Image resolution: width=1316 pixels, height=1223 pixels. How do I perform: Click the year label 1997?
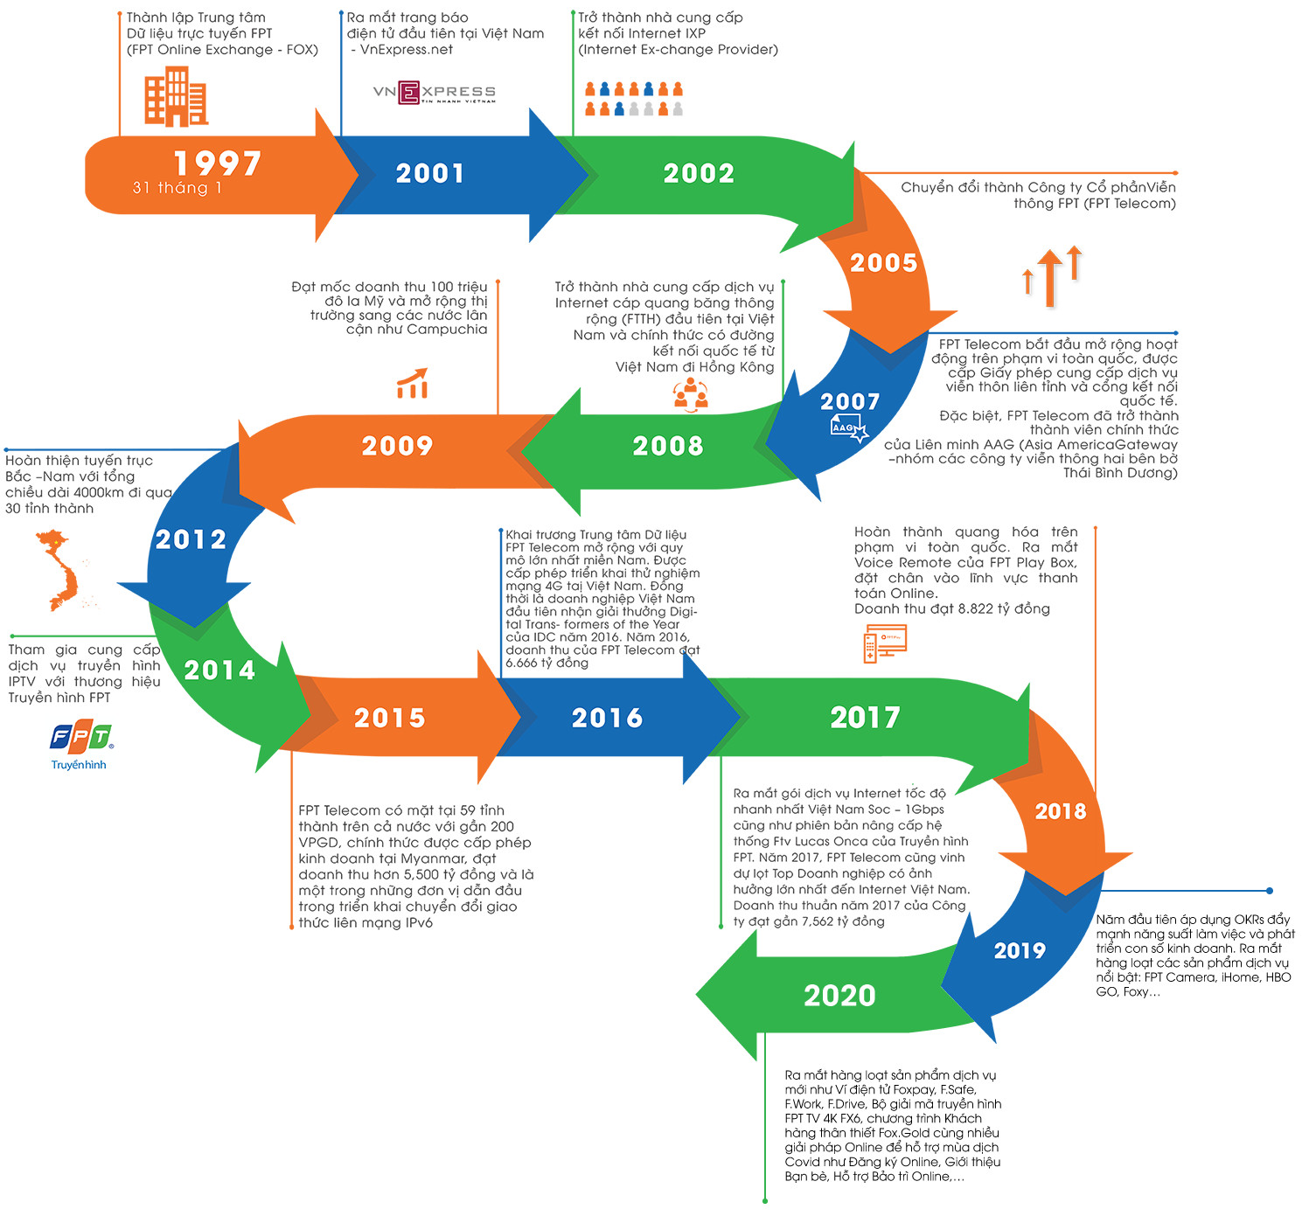(x=218, y=163)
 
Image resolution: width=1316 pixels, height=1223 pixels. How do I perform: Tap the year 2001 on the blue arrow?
(x=429, y=173)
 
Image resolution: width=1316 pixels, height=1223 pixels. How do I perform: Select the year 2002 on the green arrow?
(x=699, y=173)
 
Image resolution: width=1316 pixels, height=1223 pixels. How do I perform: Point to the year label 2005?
(x=884, y=262)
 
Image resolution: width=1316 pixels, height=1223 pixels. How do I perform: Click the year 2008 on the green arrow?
(x=668, y=446)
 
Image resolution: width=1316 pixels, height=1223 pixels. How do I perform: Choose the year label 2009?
(x=398, y=446)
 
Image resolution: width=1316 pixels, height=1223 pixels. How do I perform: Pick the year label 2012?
(x=191, y=539)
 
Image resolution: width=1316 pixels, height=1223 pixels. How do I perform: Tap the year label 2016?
(x=607, y=718)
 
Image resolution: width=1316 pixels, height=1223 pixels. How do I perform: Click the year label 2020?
(x=839, y=995)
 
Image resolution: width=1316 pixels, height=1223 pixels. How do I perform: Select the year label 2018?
(x=1061, y=811)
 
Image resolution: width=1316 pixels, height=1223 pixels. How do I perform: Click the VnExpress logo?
(x=435, y=93)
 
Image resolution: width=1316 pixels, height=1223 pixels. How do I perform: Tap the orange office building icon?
(x=176, y=97)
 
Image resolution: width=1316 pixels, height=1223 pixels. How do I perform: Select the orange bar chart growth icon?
(x=413, y=384)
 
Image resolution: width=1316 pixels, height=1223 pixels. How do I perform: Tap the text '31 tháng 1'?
(x=177, y=188)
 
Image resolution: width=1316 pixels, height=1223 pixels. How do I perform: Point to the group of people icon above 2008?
(x=690, y=394)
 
